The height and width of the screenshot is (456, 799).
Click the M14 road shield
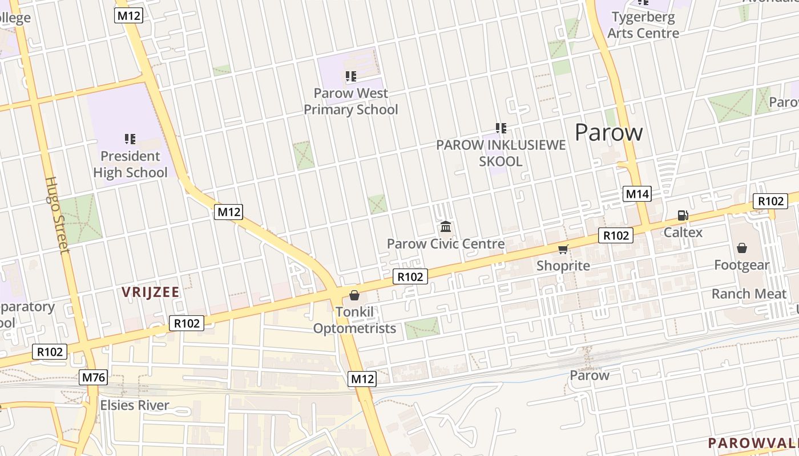(637, 194)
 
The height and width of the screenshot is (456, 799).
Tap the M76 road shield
(94, 377)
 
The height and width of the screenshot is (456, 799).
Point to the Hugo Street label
(57, 214)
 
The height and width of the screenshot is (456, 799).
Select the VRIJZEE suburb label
(151, 292)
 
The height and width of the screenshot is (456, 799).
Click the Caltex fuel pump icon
(683, 215)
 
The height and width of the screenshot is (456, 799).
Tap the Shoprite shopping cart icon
(563, 249)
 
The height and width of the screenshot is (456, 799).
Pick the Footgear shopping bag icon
(742, 248)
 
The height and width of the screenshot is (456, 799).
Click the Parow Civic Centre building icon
(446, 227)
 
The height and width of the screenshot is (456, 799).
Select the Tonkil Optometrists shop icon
(354, 295)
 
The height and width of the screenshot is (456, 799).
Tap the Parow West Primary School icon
(351, 76)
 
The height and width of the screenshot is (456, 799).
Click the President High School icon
(130, 139)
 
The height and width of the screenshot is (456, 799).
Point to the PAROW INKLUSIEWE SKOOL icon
(501, 128)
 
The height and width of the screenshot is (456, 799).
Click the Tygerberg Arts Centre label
(643, 25)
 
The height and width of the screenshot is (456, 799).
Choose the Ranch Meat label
(748, 294)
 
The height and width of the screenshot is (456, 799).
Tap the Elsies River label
(135, 405)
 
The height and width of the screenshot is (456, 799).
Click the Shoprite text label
(563, 266)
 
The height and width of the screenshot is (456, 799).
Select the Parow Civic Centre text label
(446, 244)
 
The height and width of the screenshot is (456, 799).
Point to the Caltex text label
(683, 233)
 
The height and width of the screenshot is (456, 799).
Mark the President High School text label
(131, 164)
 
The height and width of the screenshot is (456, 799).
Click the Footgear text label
(742, 265)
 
